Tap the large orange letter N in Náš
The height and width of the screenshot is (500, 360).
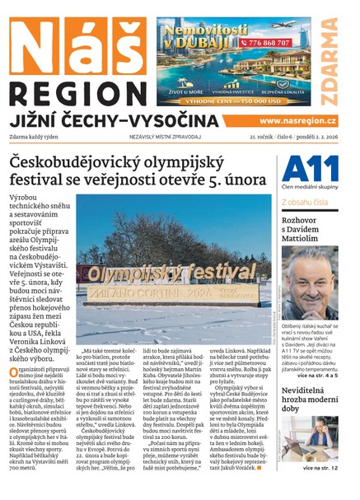tap(37, 43)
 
